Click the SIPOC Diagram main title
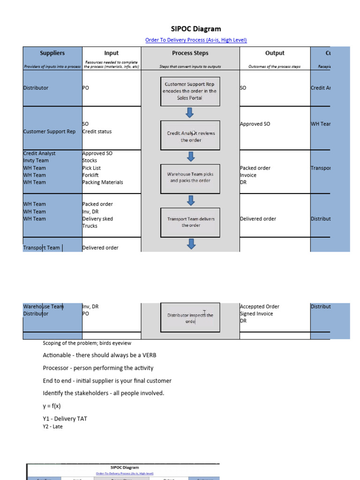pyautogui.click(x=196, y=29)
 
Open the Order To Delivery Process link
pyautogui.click(x=196, y=40)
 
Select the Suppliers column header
pyautogui.click(x=52, y=53)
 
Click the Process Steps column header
pyautogui.click(x=190, y=53)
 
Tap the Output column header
pyautogui.click(x=275, y=53)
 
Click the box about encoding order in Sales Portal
pyautogui.click(x=190, y=91)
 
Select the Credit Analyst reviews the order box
pyautogui.click(x=190, y=136)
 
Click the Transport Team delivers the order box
pyautogui.click(x=190, y=222)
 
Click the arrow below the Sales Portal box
pyautogui.click(x=190, y=112)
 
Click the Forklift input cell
pyautogui.click(x=90, y=175)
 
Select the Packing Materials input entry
pyautogui.click(x=102, y=182)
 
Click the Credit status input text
pyautogui.click(x=97, y=131)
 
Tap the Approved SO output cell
pyautogui.click(x=255, y=124)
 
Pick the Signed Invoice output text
pyautogui.click(x=256, y=314)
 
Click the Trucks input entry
pyautogui.click(x=90, y=226)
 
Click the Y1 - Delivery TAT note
pyautogui.click(x=65, y=419)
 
